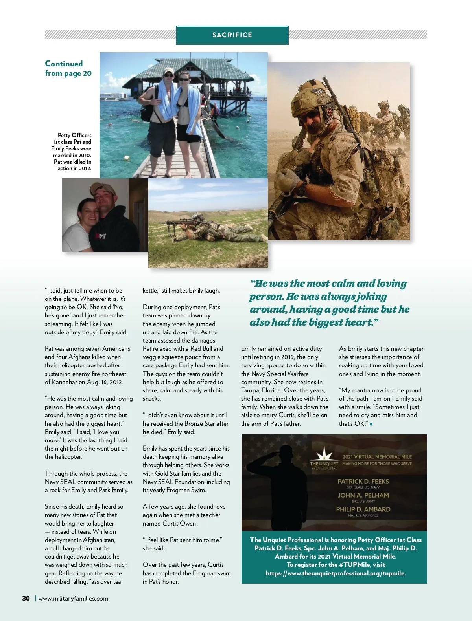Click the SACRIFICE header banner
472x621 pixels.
(x=232, y=35)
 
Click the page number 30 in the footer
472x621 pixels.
(x=26, y=599)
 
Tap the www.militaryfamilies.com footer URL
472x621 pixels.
(x=73, y=599)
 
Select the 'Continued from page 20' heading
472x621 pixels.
(x=68, y=68)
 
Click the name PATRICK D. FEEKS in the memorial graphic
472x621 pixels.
(x=363, y=481)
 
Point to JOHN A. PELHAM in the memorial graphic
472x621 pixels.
(x=363, y=495)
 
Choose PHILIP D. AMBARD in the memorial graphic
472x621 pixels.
(x=363, y=509)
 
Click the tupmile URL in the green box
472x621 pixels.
(x=336, y=573)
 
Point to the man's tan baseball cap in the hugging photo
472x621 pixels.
(x=103, y=191)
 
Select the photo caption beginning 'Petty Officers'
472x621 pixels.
(x=72, y=152)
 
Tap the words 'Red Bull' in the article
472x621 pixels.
(x=201, y=348)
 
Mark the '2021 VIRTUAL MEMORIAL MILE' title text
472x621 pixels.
(x=377, y=457)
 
